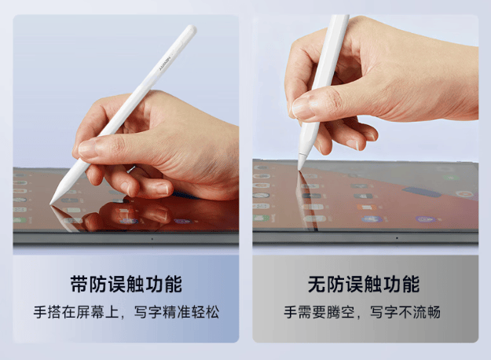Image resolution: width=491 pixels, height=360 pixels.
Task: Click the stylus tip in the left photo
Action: (x=52, y=202)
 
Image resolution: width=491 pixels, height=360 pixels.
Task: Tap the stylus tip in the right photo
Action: (x=300, y=167)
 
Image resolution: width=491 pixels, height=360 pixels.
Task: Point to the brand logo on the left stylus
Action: (x=165, y=64)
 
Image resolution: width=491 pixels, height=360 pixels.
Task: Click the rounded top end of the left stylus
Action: (x=190, y=31)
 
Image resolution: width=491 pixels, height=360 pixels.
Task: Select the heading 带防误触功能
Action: (x=126, y=285)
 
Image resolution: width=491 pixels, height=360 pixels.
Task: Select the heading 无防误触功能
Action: (x=364, y=285)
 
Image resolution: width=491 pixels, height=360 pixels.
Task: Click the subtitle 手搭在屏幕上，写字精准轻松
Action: (x=126, y=312)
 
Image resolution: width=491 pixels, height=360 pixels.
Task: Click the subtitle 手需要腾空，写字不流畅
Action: (x=362, y=312)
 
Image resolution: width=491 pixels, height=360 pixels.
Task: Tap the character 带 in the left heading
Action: (x=79, y=285)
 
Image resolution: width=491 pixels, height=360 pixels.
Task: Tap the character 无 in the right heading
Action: (x=317, y=285)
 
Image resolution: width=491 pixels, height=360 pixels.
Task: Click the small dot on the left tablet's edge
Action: (x=152, y=239)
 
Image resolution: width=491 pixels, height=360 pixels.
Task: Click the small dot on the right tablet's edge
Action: (x=397, y=238)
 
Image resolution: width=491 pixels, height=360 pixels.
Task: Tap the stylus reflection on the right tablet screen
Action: (x=306, y=200)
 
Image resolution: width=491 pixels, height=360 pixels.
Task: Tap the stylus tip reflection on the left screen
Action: (x=56, y=209)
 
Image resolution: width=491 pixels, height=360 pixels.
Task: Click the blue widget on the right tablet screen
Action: (x=422, y=192)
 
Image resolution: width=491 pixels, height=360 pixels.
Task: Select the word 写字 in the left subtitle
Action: (x=148, y=312)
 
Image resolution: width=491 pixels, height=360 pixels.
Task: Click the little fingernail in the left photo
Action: (x=162, y=188)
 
